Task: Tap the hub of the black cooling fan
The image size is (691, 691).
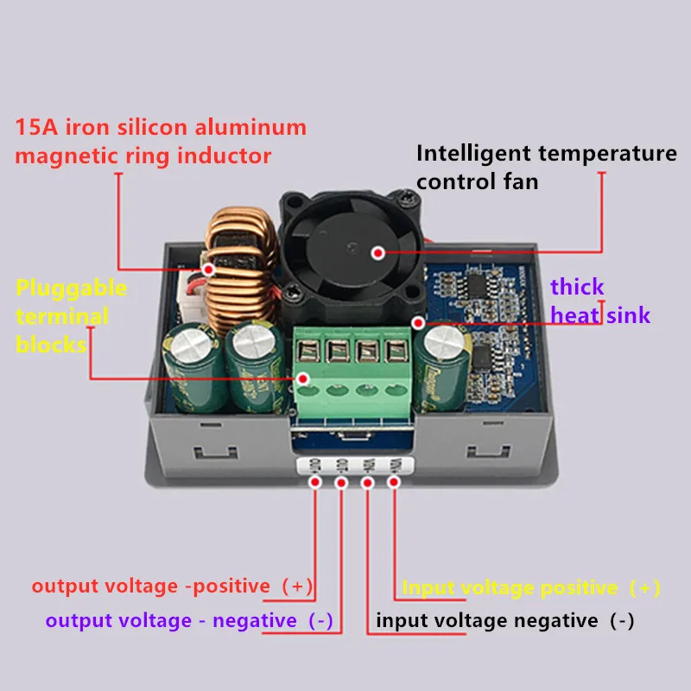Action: [x=377, y=252]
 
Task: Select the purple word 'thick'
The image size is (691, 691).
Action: [x=577, y=287]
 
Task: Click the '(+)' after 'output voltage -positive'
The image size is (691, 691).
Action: [x=295, y=586]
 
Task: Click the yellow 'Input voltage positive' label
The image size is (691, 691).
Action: [x=510, y=588]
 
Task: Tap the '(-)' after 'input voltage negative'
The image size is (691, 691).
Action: [x=621, y=620]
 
